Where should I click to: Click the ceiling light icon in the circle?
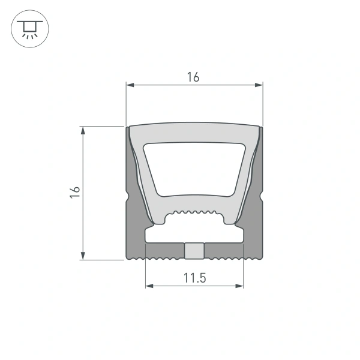(28, 28)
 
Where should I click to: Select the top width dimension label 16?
(193, 77)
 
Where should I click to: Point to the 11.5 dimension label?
(194, 277)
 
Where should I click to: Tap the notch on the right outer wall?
(261, 196)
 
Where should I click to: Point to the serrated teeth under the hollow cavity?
(194, 214)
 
